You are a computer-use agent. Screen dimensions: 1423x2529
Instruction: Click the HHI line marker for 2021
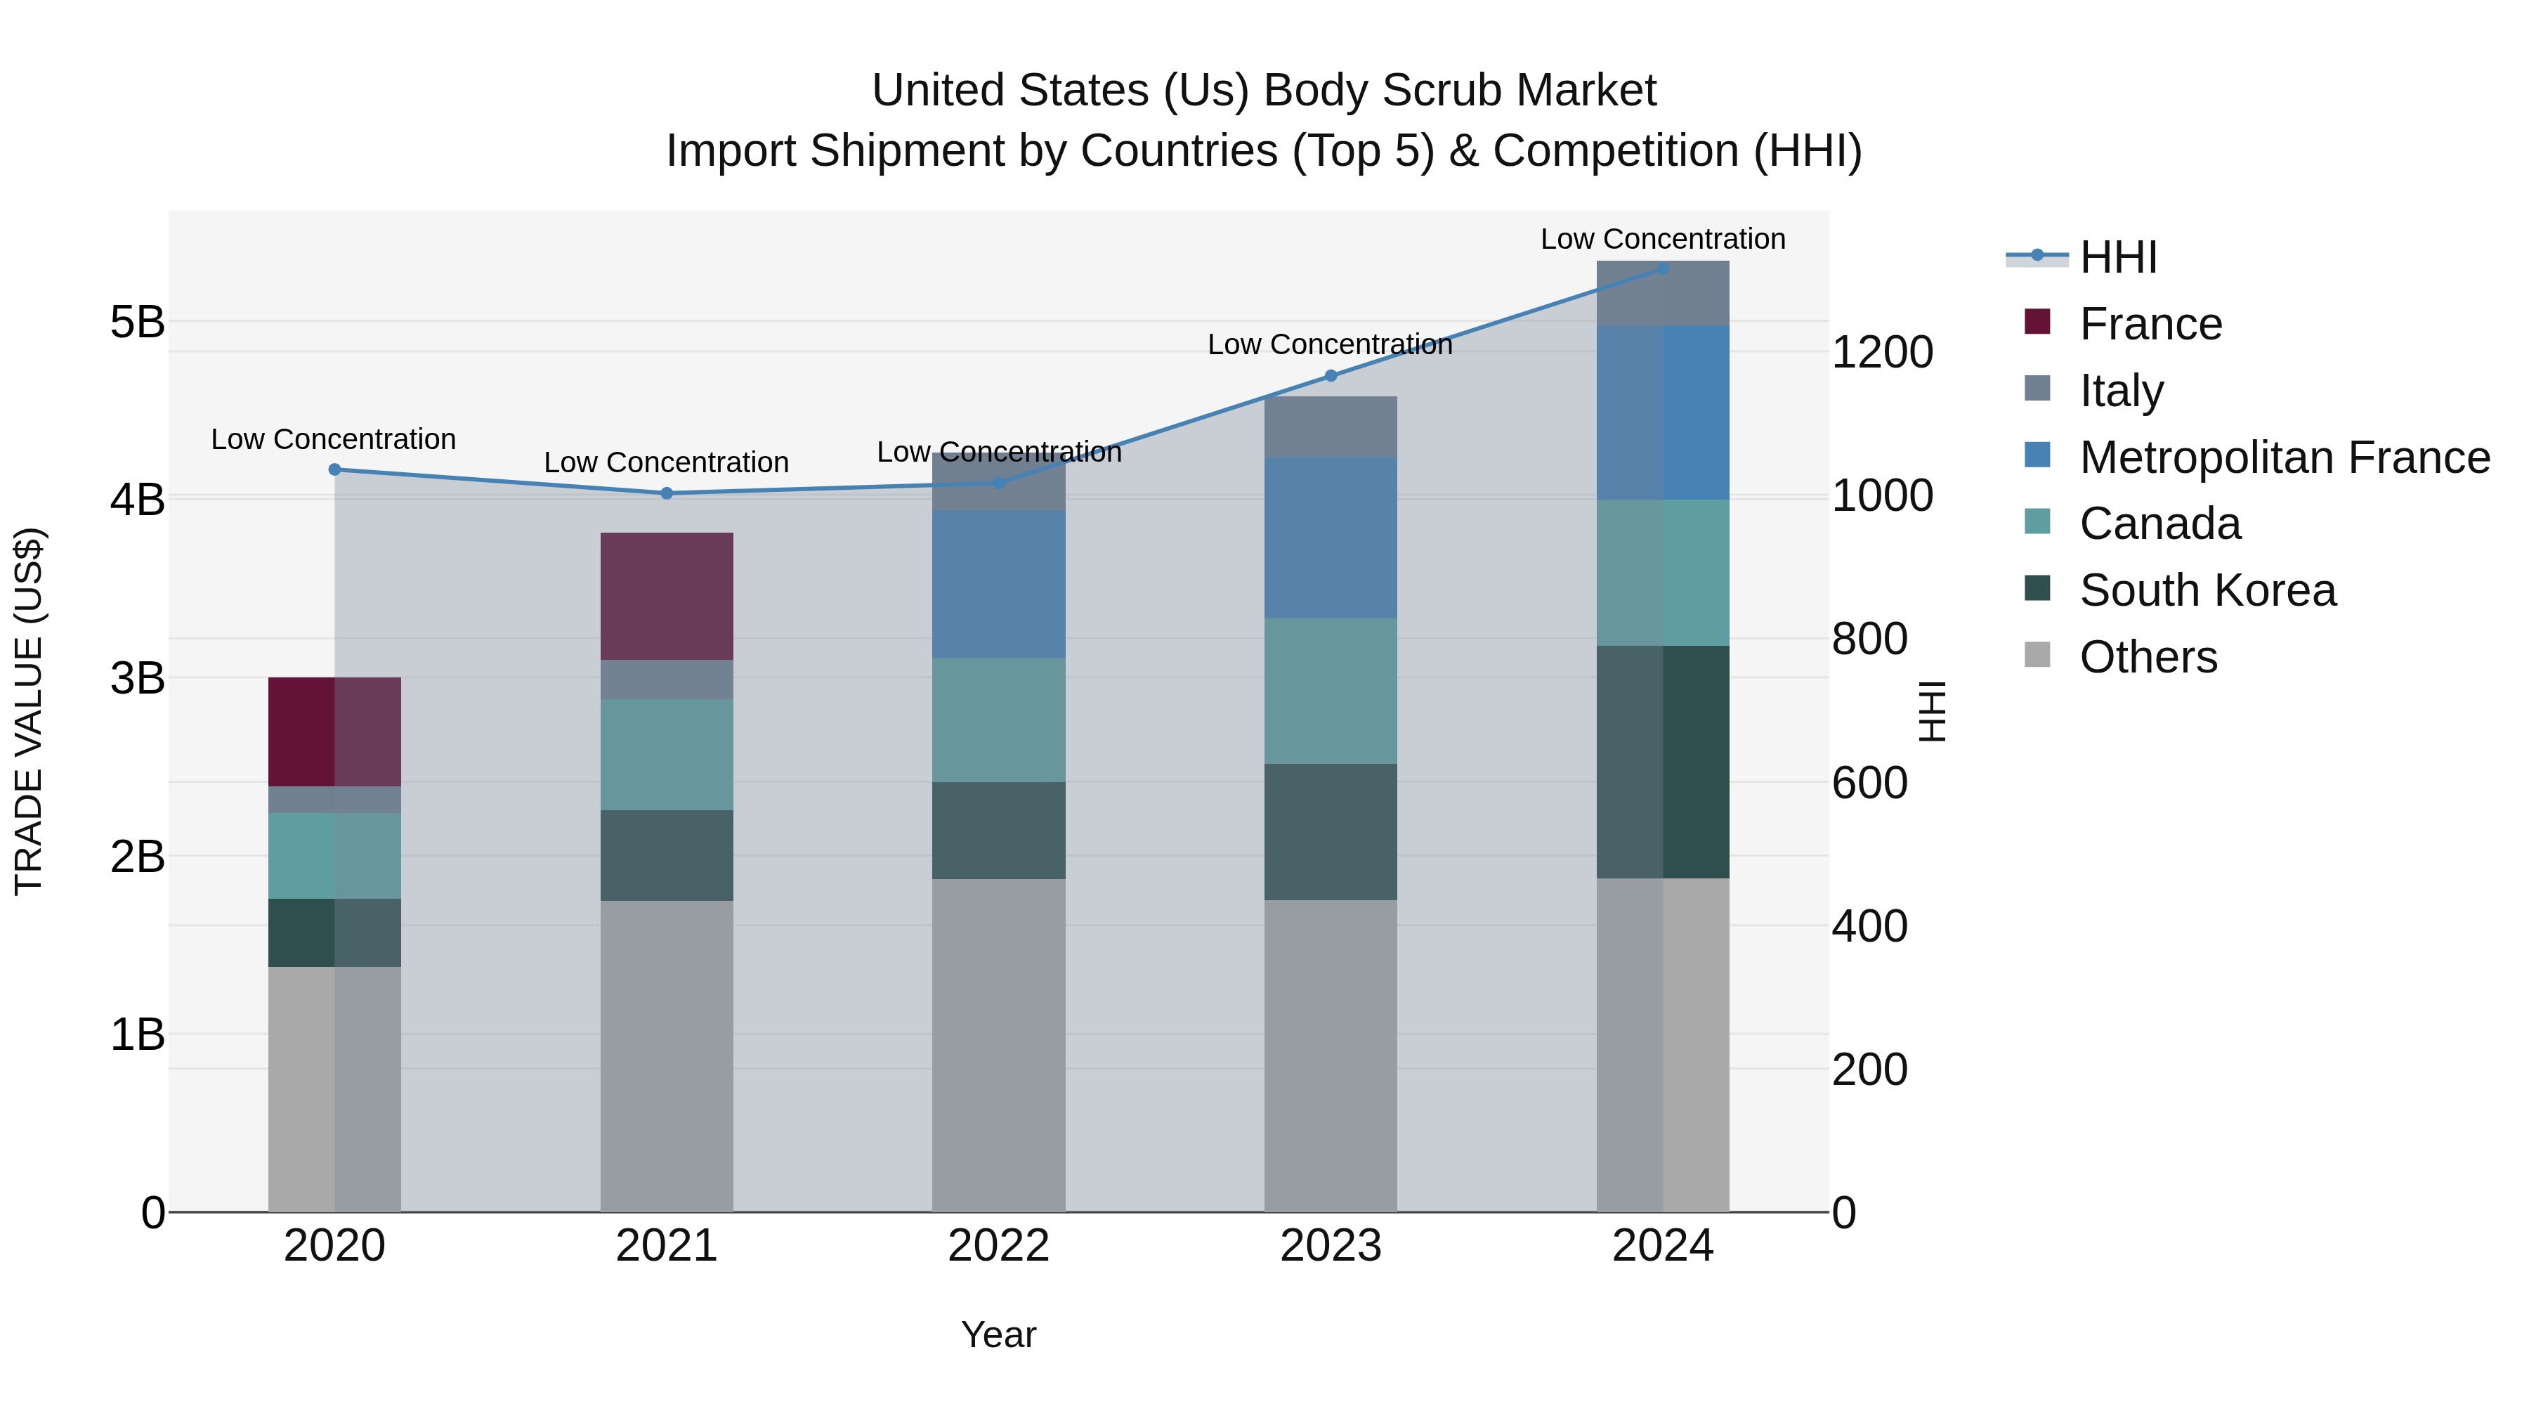[x=667, y=493]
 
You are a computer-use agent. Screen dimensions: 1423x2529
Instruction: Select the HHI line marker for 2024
[x=1663, y=268]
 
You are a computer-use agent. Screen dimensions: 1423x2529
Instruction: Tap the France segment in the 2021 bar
[x=667, y=596]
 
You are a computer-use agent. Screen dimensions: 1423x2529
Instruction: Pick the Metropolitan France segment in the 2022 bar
[x=998, y=583]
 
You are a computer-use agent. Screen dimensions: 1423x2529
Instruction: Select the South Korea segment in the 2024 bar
[x=1663, y=761]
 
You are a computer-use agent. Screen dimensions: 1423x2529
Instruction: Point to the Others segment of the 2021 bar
[x=667, y=1055]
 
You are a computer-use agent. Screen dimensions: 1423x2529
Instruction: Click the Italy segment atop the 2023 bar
[x=1331, y=427]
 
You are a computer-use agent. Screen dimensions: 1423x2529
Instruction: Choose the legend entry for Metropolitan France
[x=2284, y=457]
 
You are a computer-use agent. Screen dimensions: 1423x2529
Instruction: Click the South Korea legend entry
[x=2207, y=590]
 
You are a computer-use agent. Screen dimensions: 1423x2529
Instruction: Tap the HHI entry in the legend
[x=2117, y=257]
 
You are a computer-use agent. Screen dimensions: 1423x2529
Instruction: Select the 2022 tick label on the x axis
[x=998, y=1246]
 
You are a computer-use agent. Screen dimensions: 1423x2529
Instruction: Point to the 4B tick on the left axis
[x=138, y=500]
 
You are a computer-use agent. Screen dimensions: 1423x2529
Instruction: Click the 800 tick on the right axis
[x=1869, y=639]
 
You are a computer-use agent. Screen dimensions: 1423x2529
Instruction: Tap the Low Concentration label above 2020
[x=334, y=439]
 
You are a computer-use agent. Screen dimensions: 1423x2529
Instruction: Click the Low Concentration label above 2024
[x=1662, y=239]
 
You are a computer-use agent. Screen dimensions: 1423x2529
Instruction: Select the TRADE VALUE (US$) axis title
[x=30, y=711]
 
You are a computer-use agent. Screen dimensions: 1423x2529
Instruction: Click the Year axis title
[x=998, y=1334]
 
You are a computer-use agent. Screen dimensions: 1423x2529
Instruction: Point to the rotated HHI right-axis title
[x=1931, y=711]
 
